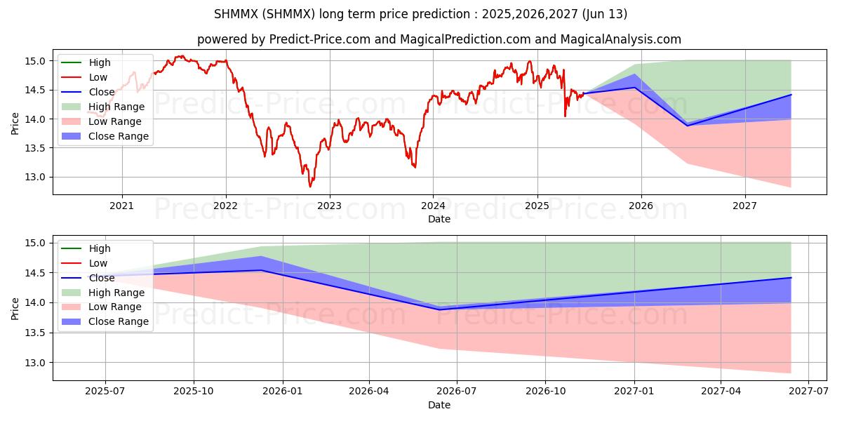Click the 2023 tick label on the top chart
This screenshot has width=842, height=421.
[x=329, y=206]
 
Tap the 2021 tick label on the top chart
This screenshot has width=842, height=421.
[x=122, y=206]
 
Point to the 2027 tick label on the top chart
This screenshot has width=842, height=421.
[x=744, y=206]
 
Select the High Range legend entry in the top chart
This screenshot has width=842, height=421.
[x=116, y=107]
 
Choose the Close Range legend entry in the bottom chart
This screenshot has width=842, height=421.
[x=119, y=321]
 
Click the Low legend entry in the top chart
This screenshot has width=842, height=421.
[x=98, y=77]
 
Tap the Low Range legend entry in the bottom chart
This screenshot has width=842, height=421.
[x=116, y=307]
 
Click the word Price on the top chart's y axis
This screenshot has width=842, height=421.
[x=15, y=124]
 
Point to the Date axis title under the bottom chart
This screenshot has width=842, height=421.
[x=439, y=405]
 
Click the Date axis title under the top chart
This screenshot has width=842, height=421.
[x=439, y=219]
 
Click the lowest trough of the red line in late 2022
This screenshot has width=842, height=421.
[x=310, y=186]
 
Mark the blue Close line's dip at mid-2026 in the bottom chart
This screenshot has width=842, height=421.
[x=440, y=309]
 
